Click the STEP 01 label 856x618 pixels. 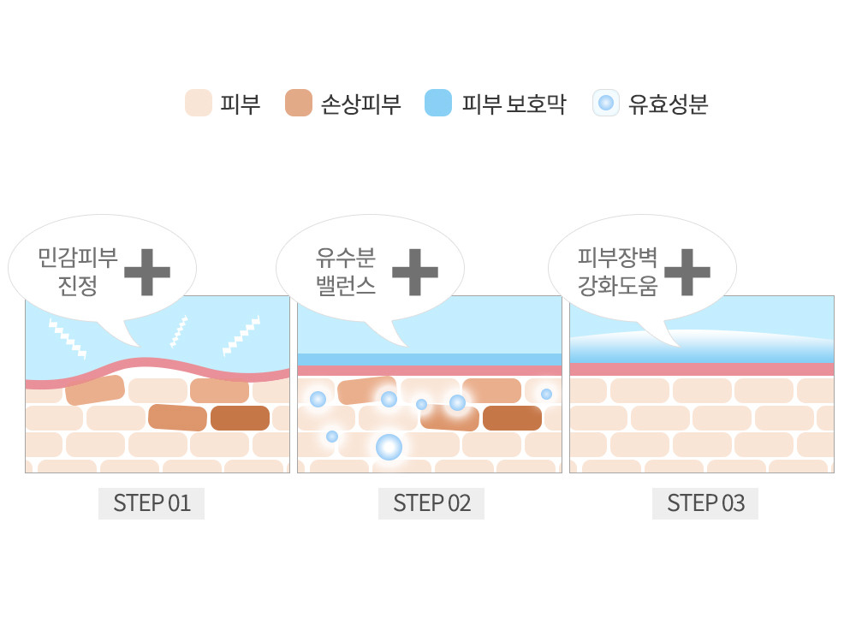(152, 503)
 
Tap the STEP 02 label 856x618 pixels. (431, 503)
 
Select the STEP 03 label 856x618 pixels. (705, 503)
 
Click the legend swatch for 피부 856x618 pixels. (198, 104)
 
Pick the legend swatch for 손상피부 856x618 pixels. (299, 104)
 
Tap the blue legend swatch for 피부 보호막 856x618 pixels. (437, 104)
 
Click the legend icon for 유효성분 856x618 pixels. (605, 104)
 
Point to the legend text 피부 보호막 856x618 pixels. (514, 104)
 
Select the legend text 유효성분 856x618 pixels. (669, 104)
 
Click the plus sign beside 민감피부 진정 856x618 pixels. (147, 271)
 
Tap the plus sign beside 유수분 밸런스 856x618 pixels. (415, 271)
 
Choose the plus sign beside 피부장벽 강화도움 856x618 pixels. (687, 271)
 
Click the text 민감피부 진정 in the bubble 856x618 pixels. (78, 271)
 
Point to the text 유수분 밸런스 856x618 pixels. (346, 271)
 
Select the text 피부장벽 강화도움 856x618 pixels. (617, 271)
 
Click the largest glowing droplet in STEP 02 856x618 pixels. (389, 446)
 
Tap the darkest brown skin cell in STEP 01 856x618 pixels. (240, 419)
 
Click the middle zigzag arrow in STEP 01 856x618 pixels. (180, 331)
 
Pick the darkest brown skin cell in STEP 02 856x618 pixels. (512, 418)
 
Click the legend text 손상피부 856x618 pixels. (361, 104)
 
